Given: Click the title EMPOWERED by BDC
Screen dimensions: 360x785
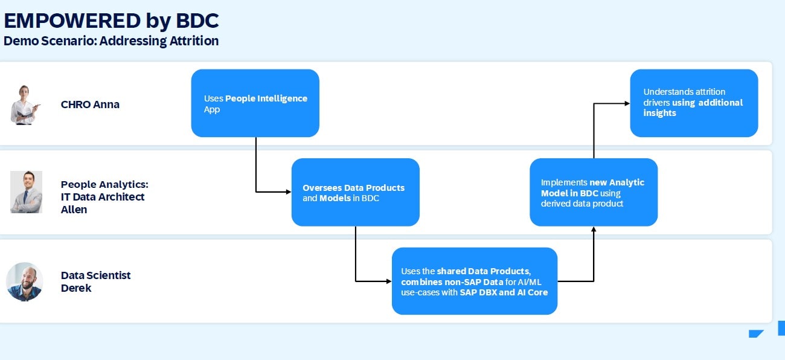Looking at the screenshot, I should tap(111, 21).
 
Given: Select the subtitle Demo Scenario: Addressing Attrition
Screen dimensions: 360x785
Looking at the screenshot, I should tap(111, 41).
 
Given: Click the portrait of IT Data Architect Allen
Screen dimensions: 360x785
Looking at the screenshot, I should tap(26, 192).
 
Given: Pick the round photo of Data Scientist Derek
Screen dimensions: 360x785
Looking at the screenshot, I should tap(25, 281).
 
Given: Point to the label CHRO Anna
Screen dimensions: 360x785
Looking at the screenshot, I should tap(90, 104).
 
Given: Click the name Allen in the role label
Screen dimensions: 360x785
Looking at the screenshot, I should tap(74, 210).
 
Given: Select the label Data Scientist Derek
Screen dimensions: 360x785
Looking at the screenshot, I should tap(95, 281).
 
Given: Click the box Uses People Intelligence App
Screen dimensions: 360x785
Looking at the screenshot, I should tap(255, 103).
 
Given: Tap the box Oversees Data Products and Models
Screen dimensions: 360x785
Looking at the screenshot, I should tap(355, 192).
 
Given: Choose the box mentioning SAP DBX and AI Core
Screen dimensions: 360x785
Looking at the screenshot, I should tap(474, 281).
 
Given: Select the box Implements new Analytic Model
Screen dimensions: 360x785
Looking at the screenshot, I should tap(594, 192).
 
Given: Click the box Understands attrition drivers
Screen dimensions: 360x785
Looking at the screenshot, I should tap(694, 103).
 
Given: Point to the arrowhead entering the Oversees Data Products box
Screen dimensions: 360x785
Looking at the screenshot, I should tap(288, 192).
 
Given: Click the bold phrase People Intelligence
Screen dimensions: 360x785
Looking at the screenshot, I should tap(266, 98).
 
